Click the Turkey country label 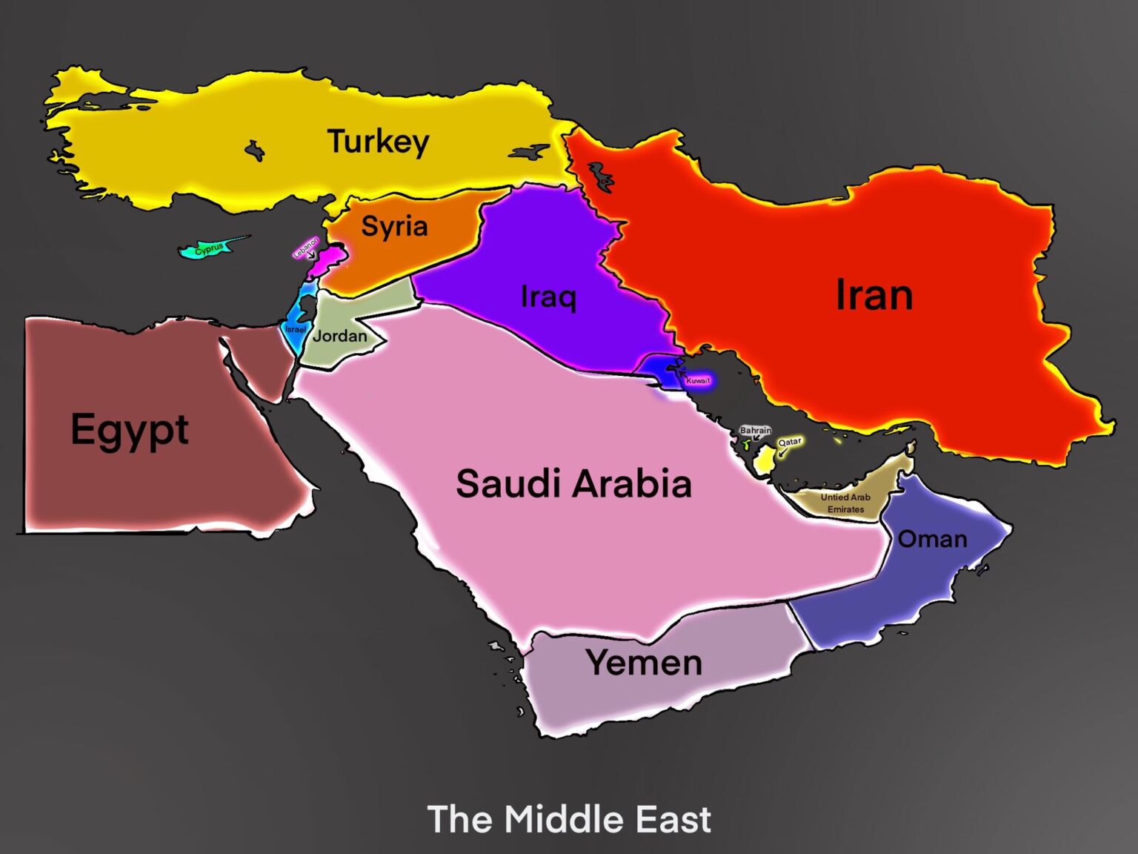click(x=378, y=141)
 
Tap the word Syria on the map click(x=394, y=226)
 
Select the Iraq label click(x=548, y=297)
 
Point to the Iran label click(x=874, y=295)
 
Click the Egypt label click(x=130, y=430)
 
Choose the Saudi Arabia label click(x=573, y=483)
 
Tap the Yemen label click(x=644, y=662)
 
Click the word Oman click(x=932, y=539)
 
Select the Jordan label click(x=340, y=336)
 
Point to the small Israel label click(x=295, y=329)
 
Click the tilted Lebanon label click(x=305, y=248)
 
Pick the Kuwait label click(x=698, y=380)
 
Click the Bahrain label click(x=755, y=430)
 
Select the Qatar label click(x=789, y=442)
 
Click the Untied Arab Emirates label click(x=845, y=503)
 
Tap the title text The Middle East click(x=569, y=819)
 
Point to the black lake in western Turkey click(x=255, y=151)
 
